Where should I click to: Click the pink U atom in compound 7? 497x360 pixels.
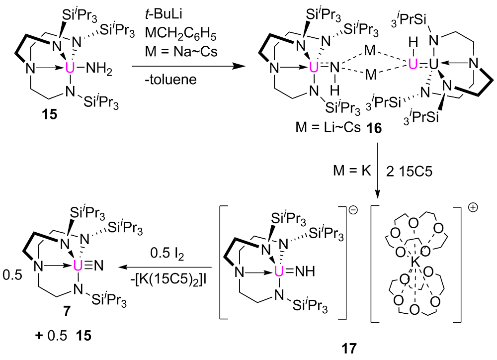(77, 267)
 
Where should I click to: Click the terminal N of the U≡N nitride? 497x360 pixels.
(99, 267)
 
